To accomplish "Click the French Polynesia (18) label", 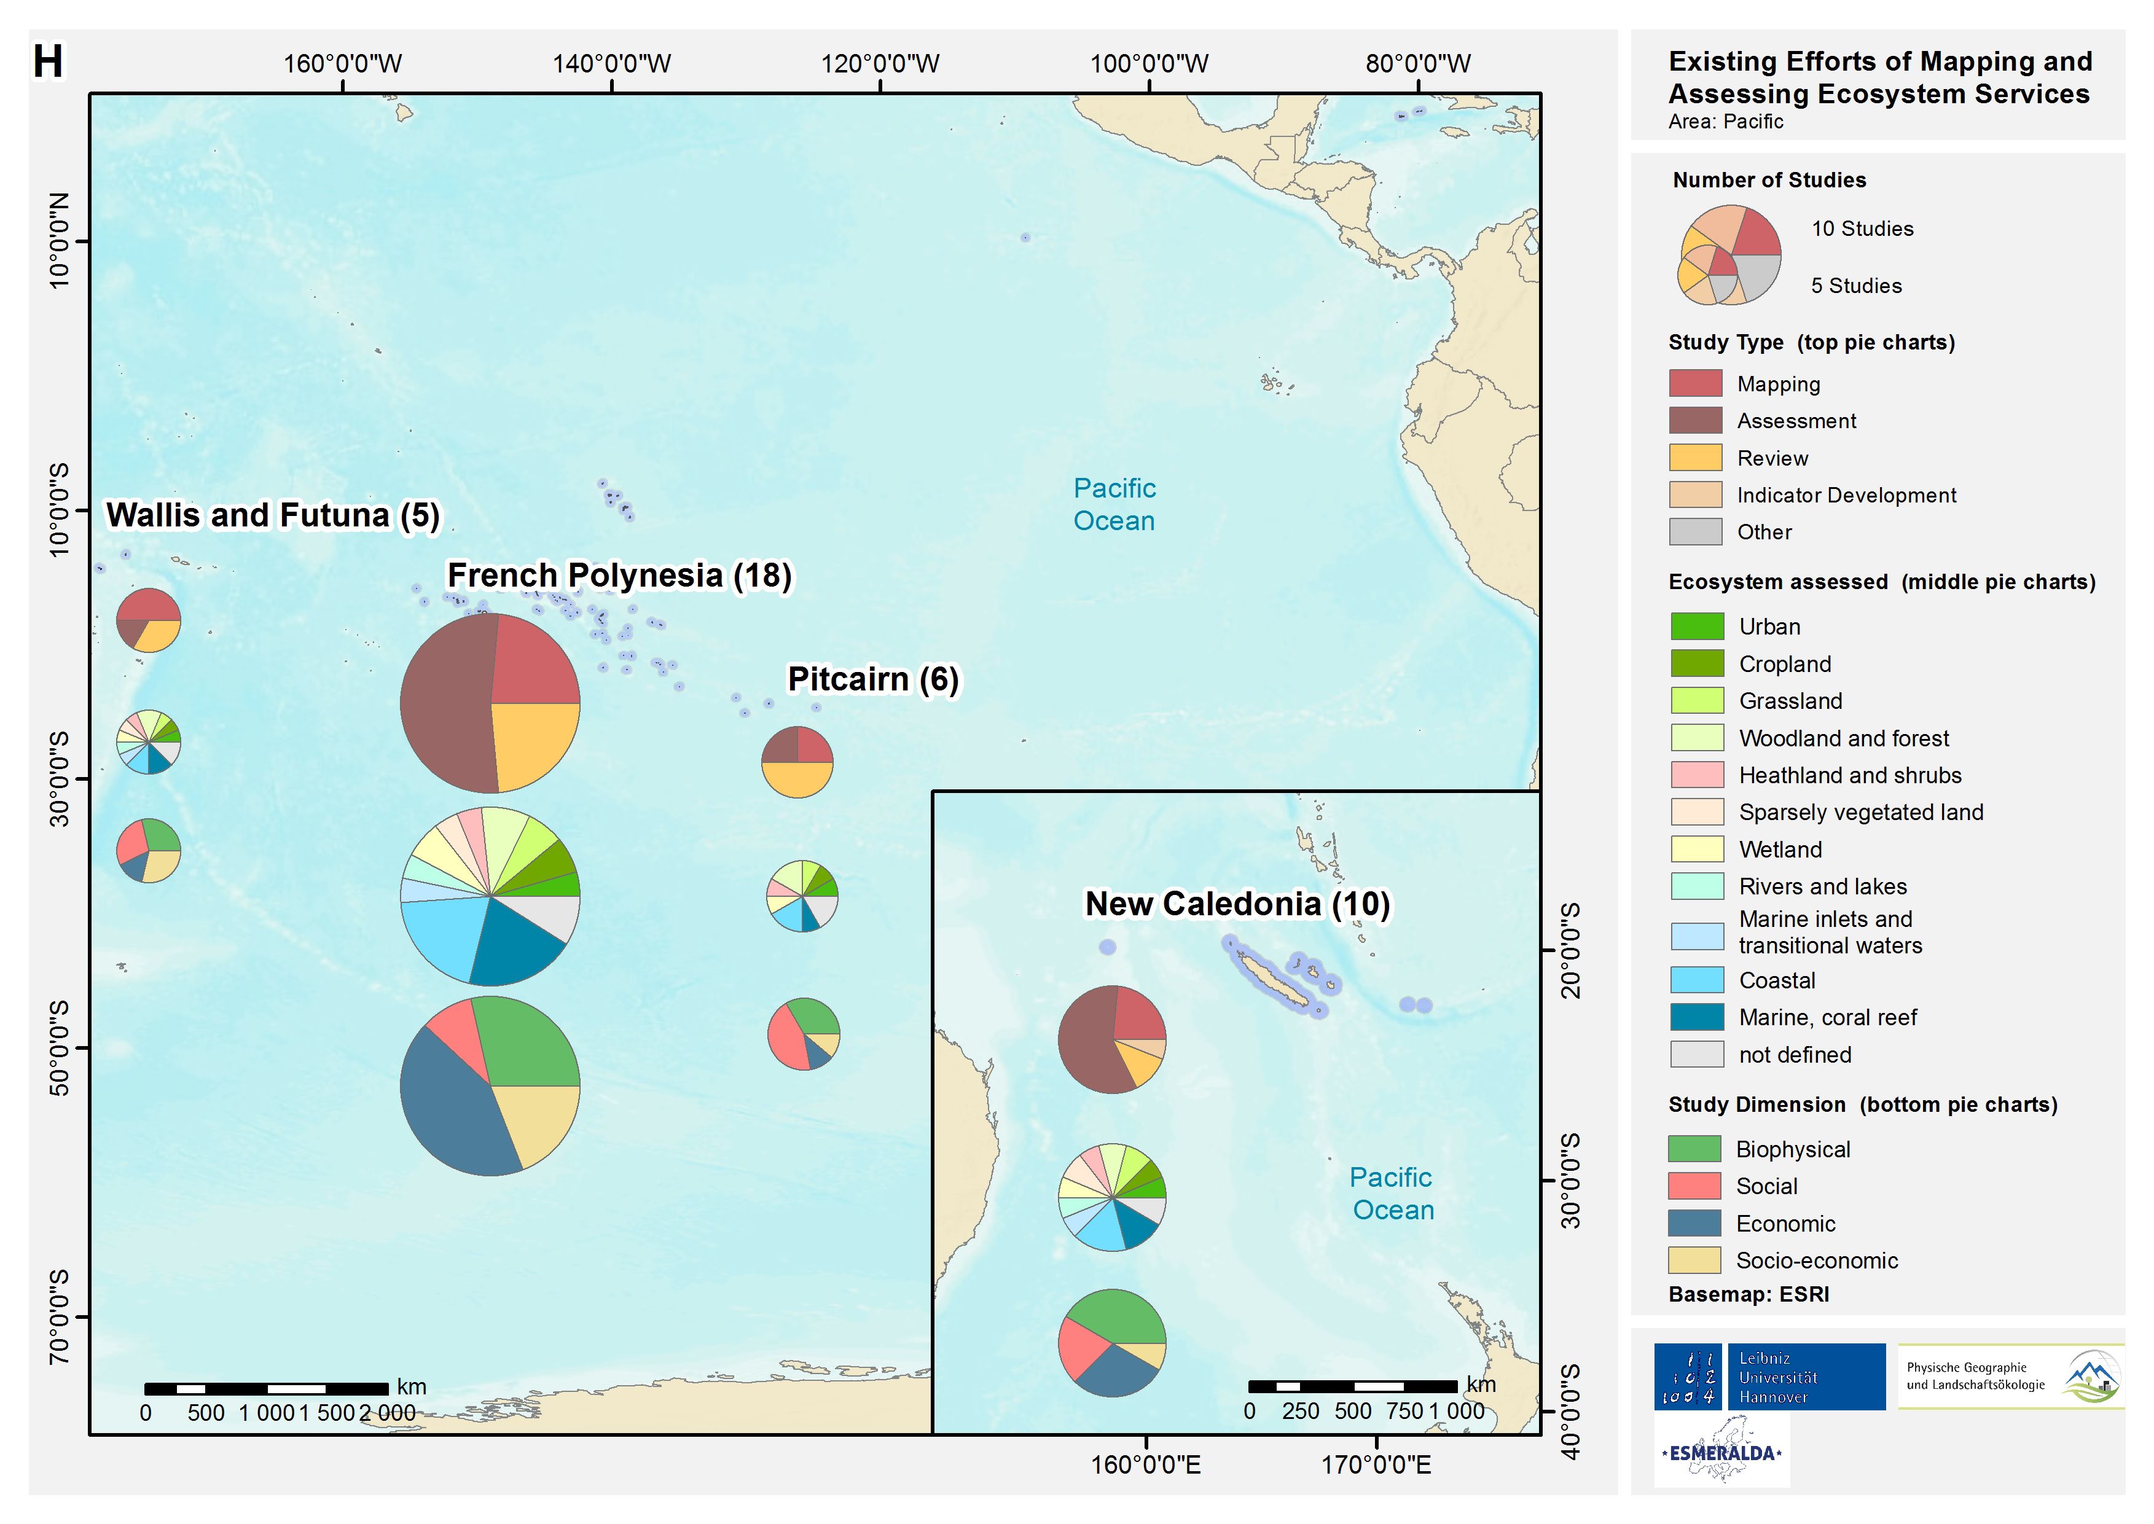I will (619, 575).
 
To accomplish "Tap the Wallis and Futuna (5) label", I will (272, 515).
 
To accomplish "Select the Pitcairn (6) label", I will (873, 679).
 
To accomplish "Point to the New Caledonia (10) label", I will (1237, 904).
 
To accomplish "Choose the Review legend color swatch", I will (1695, 458).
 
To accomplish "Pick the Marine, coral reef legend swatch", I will (1697, 1017).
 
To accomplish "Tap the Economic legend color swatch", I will (1694, 1223).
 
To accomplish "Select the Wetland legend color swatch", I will (1697, 850).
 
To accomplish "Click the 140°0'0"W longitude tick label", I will (611, 64).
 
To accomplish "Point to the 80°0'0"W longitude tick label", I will (1417, 64).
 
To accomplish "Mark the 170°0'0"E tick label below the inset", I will (1376, 1465).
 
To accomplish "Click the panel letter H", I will (48, 62).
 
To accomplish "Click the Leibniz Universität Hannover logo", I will (1769, 1377).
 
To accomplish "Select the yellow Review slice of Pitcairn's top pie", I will (797, 779).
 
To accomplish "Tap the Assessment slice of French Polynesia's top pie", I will (441, 704).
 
